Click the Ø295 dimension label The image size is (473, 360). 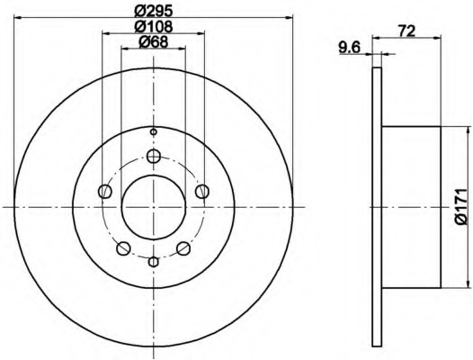pos(154,11)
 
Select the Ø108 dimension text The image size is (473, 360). pos(154,27)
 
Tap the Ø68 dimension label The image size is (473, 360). pos(153,42)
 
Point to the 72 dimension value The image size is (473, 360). pos(407,31)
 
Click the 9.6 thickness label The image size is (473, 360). pos(350,48)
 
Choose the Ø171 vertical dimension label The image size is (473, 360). pos(460,207)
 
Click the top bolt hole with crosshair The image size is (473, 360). pos(154,157)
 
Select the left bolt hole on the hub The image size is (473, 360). pos(105,192)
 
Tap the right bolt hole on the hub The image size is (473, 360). pos(202,192)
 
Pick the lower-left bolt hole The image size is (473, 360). pos(123,248)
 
